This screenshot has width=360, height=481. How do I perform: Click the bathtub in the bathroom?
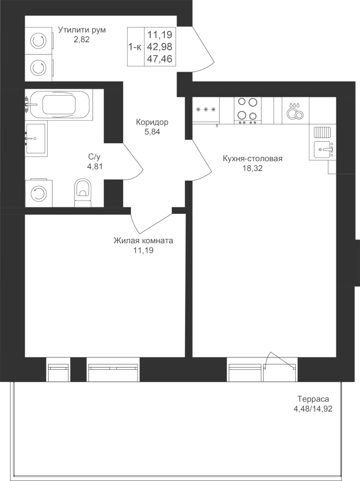tap(58, 105)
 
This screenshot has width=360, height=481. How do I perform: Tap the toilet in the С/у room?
tap(83, 192)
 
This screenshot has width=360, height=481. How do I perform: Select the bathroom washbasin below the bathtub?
tap(36, 138)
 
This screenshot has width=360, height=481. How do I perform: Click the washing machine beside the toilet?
tap(39, 193)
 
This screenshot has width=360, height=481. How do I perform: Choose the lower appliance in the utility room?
tap(39, 68)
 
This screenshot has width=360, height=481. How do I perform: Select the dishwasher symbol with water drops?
tap(295, 111)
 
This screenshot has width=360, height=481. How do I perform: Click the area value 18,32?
tap(252, 168)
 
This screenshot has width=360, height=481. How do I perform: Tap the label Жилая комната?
tap(143, 241)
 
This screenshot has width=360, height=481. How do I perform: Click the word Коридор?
tap(152, 122)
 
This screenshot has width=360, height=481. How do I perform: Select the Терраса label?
tap(313, 399)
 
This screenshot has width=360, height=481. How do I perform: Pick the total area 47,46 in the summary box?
tap(159, 59)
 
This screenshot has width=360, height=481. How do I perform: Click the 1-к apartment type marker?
tap(135, 47)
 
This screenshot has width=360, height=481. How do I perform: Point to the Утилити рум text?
tap(82, 30)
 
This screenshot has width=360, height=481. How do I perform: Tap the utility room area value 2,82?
tap(82, 39)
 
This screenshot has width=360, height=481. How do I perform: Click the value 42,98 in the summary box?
tap(159, 46)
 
